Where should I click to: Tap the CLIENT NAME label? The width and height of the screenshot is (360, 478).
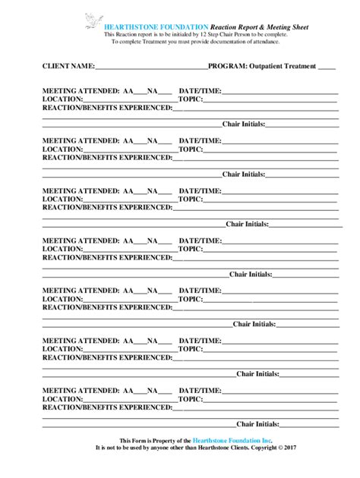[68, 67]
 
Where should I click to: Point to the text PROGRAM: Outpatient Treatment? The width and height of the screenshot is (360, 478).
[262, 67]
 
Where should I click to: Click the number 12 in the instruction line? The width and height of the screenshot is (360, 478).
[207, 34]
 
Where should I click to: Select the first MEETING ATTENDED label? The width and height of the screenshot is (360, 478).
[81, 91]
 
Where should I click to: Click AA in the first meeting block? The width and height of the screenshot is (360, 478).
[128, 91]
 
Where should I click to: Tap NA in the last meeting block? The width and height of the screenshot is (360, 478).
[153, 390]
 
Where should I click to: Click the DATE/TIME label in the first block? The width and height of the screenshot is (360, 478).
[201, 91]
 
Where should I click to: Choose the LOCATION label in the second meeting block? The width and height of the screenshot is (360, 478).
[62, 149]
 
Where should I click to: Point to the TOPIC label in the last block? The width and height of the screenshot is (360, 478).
[190, 398]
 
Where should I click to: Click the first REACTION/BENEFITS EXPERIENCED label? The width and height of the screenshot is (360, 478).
[107, 108]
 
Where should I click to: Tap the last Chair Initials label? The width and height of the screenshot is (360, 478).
[257, 424]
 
